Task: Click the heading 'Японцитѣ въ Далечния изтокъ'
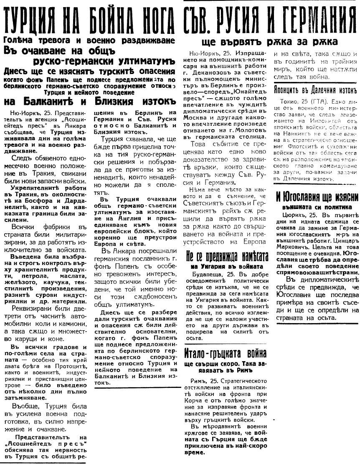[x=315, y=91]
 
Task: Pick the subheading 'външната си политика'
[x=316, y=206]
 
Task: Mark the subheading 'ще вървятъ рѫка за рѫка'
[x=269, y=42]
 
